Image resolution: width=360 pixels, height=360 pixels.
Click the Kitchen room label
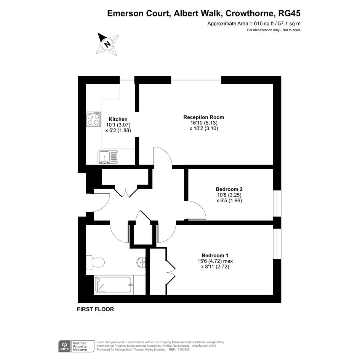click(x=118, y=119)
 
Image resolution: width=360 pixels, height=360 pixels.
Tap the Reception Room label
click(x=204, y=117)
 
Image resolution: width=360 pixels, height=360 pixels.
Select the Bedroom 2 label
click(x=229, y=189)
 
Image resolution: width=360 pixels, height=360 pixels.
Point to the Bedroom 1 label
click(x=215, y=256)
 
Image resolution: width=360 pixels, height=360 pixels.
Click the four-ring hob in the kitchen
click(x=93, y=119)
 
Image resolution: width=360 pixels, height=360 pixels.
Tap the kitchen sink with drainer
click(x=108, y=157)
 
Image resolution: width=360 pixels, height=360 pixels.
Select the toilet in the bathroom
click(x=95, y=262)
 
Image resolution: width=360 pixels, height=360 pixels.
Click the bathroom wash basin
click(x=141, y=262)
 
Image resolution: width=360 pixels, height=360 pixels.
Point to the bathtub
click(x=114, y=285)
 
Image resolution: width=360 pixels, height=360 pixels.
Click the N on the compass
click(x=107, y=44)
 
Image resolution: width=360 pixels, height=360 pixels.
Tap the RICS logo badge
click(x=65, y=346)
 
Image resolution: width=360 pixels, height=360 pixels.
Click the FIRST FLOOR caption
click(x=96, y=309)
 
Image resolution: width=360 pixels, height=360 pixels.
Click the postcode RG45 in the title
click(x=289, y=13)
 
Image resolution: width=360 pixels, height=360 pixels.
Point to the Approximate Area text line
click(x=254, y=23)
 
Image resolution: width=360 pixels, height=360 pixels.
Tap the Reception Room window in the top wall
click(x=196, y=80)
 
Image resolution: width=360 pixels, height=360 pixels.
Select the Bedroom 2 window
click(x=277, y=203)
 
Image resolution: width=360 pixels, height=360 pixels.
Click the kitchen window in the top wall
click(x=127, y=80)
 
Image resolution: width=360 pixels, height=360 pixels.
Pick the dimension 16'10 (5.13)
click(x=204, y=123)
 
